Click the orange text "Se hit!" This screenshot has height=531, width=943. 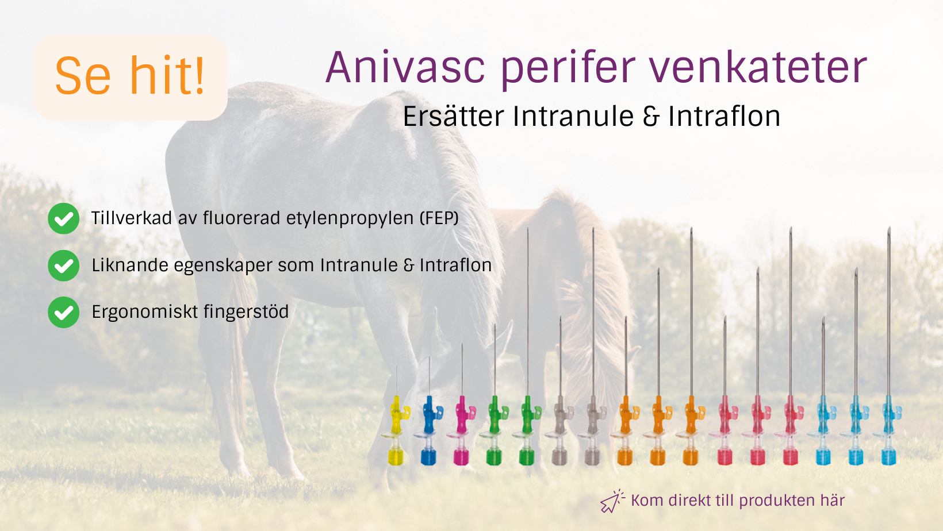tap(130, 76)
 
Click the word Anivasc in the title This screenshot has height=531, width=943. tap(405, 67)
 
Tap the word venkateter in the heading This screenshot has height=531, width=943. tap(758, 67)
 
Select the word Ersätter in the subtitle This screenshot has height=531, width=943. tap(454, 116)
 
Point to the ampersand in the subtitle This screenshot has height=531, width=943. tap(651, 117)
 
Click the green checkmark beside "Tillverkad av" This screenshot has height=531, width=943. tap(64, 218)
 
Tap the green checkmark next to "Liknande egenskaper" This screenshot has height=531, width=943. tap(64, 265)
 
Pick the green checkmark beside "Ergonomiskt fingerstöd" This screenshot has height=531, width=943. tap(64, 312)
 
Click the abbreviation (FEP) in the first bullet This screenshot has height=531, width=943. tap(439, 218)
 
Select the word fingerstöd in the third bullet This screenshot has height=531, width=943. tap(246, 312)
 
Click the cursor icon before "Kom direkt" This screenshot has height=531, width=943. tap(612, 501)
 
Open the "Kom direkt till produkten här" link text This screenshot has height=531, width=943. tap(738, 501)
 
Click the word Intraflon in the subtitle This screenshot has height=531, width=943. tap(724, 116)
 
